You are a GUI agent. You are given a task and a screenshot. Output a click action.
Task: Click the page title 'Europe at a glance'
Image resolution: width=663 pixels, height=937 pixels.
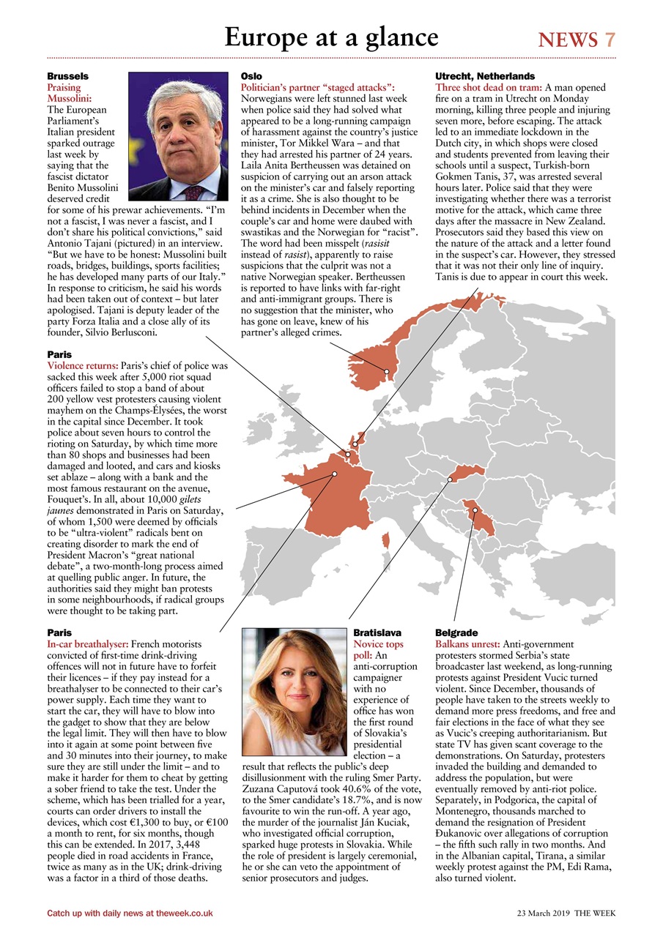point(331,37)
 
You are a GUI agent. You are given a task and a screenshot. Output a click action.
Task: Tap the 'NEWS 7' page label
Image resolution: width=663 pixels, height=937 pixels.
point(577,40)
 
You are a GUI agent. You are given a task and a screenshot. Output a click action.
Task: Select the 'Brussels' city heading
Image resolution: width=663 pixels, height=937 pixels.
point(68,76)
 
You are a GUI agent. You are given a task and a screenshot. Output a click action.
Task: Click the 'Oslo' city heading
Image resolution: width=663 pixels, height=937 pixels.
point(251,76)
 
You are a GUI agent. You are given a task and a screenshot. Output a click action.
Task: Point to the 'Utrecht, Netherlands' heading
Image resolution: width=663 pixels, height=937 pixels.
point(485,76)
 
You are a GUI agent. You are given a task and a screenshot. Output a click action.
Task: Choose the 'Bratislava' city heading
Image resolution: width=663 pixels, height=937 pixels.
point(377,632)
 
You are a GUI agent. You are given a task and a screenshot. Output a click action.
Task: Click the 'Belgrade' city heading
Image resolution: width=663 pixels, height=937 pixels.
point(456,632)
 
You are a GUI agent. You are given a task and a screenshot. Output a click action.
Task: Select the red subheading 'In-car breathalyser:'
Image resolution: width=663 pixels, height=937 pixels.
point(88,643)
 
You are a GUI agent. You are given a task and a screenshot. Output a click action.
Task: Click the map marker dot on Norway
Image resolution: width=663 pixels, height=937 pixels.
point(387,371)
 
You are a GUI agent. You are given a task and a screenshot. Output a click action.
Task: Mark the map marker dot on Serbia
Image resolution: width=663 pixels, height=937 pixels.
point(474,510)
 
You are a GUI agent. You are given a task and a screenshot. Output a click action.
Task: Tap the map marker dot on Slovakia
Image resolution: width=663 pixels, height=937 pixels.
point(450,479)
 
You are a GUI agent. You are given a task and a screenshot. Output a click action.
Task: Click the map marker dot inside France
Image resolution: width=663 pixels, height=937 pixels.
point(334,474)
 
